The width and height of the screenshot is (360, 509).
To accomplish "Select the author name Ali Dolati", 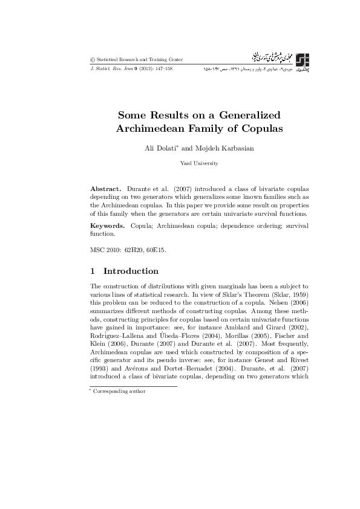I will [158, 149].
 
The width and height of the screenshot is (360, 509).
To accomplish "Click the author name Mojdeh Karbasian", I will [214, 149].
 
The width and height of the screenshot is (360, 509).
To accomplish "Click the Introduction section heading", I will [131, 271].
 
